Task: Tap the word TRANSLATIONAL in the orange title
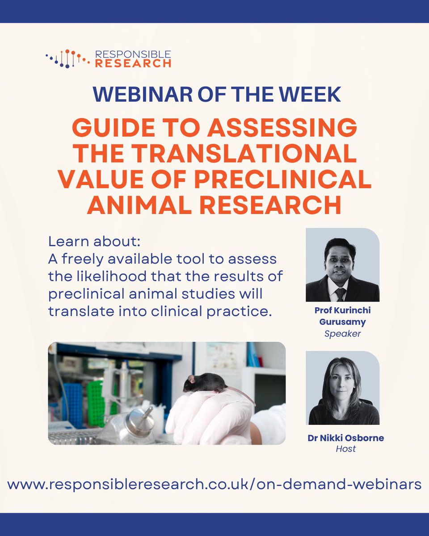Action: coord(250,154)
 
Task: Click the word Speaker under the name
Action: coord(342,333)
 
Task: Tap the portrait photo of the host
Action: coord(342,388)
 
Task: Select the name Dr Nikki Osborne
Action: coord(345,438)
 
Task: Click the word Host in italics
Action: coord(345,449)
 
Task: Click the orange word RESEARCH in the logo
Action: coord(133,63)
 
